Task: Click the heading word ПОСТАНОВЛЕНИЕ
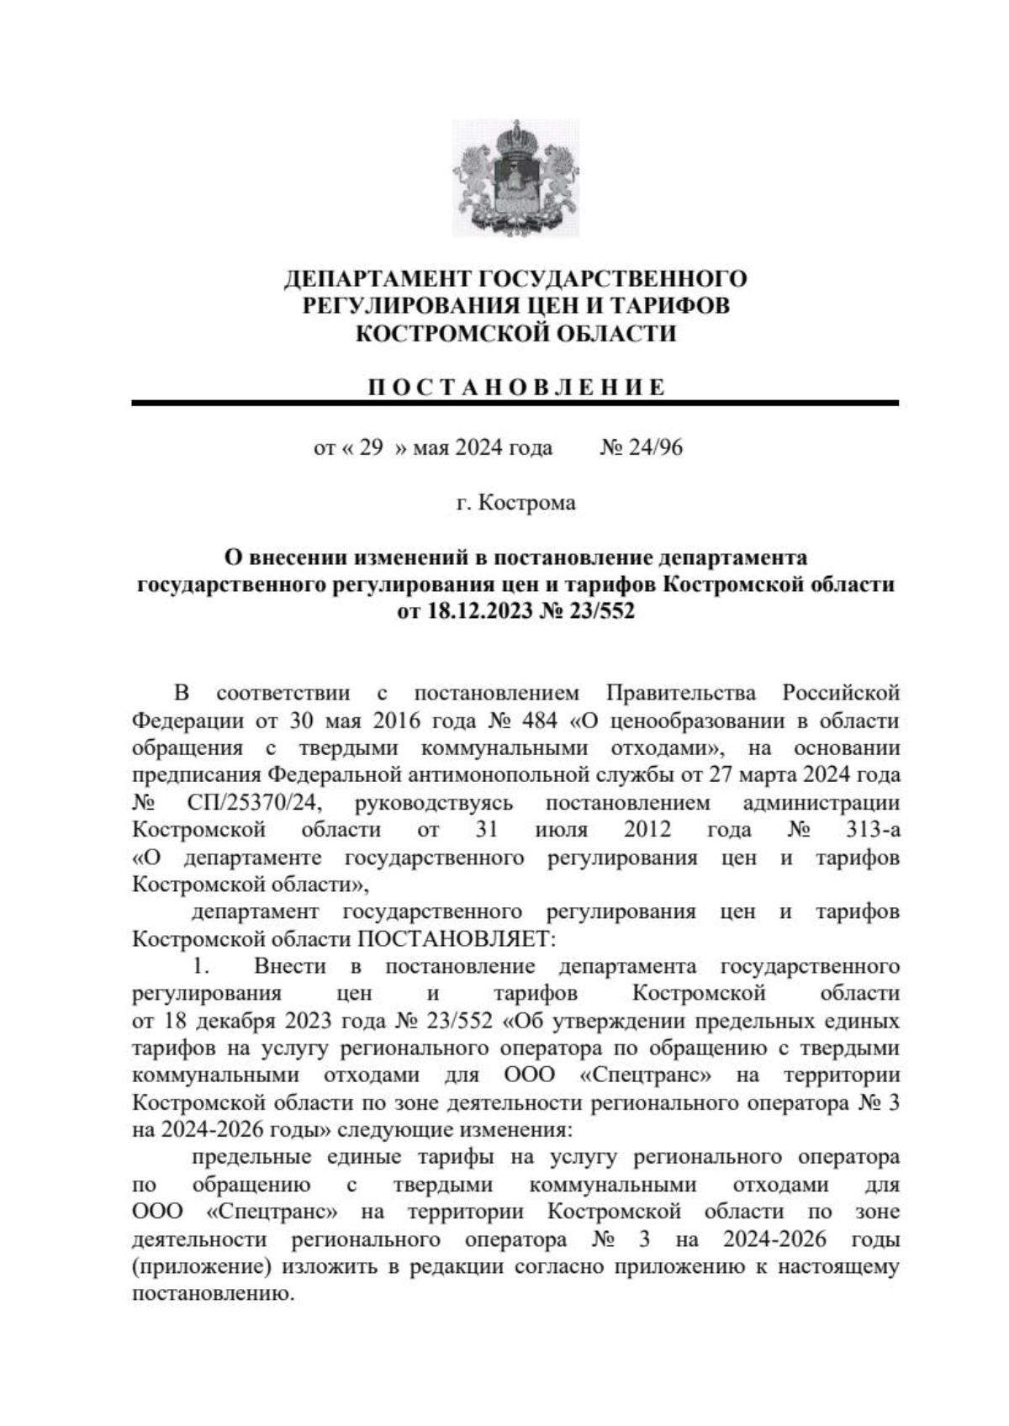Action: coord(516,388)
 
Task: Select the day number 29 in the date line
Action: coord(371,447)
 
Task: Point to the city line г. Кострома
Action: coord(515,503)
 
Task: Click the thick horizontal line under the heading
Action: coord(515,404)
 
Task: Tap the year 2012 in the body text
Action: coord(647,830)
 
